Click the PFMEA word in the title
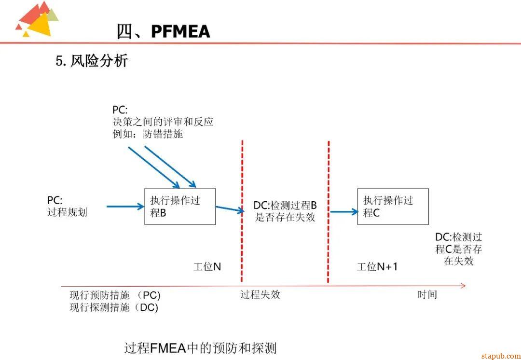180,31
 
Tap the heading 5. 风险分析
92,61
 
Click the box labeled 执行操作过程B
180,207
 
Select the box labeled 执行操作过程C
393,207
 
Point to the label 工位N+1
377,266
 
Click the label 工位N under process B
207,266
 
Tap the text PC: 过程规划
67,207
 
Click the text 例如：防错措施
148,134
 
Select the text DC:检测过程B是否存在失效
285,211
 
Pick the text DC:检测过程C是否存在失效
458,249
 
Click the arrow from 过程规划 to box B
125,207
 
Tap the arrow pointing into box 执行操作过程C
344,211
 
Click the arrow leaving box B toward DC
230,209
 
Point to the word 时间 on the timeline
427,294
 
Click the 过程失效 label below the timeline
260,294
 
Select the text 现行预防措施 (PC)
115,295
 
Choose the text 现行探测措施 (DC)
114,307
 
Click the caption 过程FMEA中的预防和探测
200,348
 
